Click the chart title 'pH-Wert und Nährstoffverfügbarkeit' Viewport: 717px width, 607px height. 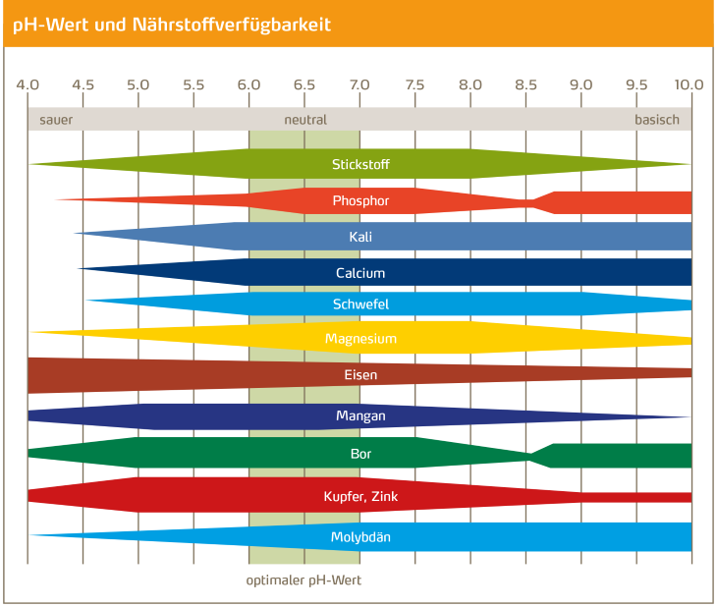[x=172, y=25]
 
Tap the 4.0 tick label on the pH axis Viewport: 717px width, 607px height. [x=28, y=84]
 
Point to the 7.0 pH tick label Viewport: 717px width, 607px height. [x=359, y=84]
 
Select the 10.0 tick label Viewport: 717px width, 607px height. [x=689, y=84]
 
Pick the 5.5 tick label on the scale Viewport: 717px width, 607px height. [x=193, y=84]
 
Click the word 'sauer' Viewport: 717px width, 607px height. [x=56, y=120]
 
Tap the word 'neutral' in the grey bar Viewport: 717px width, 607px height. [x=305, y=120]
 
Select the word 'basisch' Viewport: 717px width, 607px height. [x=656, y=120]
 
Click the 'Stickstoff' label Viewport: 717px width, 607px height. [x=360, y=164]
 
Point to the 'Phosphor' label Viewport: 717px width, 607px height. [x=360, y=201]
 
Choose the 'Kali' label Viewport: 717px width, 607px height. [x=360, y=237]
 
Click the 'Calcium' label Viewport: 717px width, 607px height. [x=360, y=273]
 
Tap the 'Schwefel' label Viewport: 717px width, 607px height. [x=360, y=304]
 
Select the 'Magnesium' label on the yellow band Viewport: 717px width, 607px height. [x=360, y=339]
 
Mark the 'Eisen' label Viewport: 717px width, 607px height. [x=360, y=374]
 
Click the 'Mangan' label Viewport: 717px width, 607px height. [x=360, y=415]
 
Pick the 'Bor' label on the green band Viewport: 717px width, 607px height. [x=360, y=454]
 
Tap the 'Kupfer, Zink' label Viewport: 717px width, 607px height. [x=360, y=497]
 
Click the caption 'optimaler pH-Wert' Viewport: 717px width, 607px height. [x=303, y=580]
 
